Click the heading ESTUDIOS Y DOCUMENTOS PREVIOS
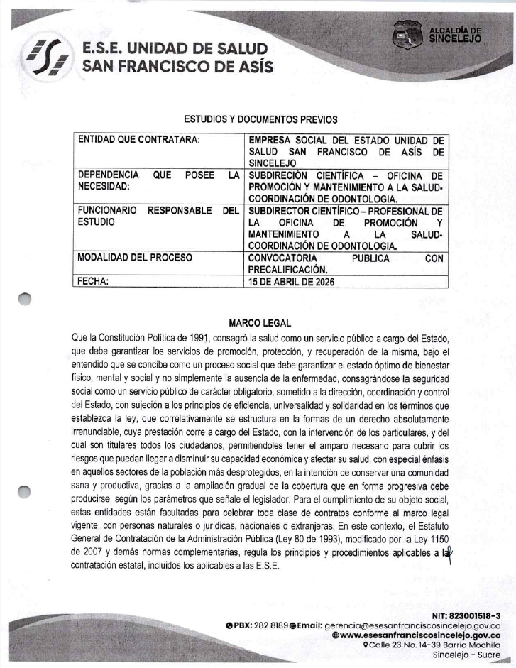pyautogui.click(x=260, y=119)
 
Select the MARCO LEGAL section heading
pyautogui.click(x=260, y=323)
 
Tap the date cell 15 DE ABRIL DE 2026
pyautogui.click(x=290, y=281)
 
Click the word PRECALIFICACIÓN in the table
pyautogui.click(x=287, y=269)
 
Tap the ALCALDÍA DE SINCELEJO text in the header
pyautogui.click(x=455, y=35)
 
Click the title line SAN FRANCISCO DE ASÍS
pyautogui.click(x=177, y=67)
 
